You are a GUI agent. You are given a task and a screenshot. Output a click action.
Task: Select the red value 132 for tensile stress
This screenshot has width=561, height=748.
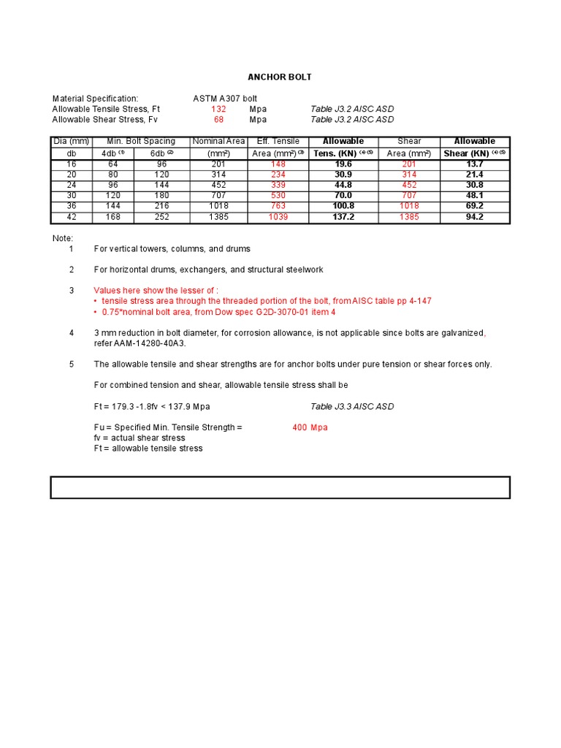click(218, 109)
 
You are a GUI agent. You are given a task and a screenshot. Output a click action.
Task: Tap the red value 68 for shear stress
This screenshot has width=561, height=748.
click(218, 119)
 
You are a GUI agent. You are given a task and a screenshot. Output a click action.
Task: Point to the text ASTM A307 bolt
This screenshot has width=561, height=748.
click(224, 98)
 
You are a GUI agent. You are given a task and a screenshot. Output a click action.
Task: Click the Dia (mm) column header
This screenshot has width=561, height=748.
click(71, 141)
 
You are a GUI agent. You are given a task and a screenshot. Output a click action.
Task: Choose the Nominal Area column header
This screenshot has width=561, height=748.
click(218, 141)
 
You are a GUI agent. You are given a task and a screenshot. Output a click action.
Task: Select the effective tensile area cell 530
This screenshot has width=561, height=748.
click(278, 196)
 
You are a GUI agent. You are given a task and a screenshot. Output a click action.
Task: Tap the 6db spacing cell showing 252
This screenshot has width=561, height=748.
click(161, 217)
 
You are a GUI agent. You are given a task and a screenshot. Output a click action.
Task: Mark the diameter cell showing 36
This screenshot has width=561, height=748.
click(71, 207)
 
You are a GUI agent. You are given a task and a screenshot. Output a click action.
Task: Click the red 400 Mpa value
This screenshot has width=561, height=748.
click(310, 427)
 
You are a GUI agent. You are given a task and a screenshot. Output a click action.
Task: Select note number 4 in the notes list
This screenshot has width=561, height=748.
click(72, 332)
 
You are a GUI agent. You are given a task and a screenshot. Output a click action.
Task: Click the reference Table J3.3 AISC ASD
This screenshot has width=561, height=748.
click(352, 406)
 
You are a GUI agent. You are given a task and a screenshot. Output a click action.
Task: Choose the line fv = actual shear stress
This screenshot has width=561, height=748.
click(140, 438)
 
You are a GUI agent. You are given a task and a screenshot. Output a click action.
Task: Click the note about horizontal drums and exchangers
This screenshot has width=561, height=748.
click(208, 270)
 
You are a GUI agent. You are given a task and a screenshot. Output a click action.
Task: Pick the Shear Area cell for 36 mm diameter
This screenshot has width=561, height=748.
click(409, 207)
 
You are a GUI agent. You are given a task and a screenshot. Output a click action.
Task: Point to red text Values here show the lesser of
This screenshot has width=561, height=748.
click(156, 290)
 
